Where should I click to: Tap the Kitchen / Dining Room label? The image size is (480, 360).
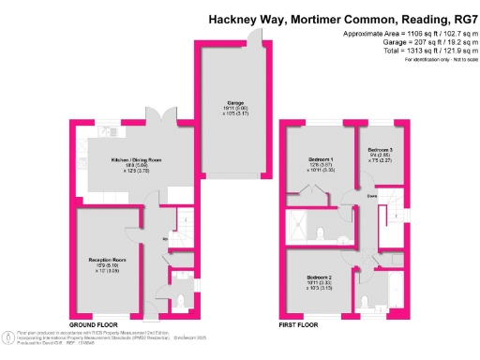point(137,161)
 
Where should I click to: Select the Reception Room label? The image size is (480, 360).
point(107,259)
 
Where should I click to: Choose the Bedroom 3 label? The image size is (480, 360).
point(380,150)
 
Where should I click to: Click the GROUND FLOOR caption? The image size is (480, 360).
point(94,325)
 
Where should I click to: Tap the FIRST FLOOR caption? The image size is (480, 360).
point(302,325)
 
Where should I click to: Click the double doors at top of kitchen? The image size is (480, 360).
point(167,121)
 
